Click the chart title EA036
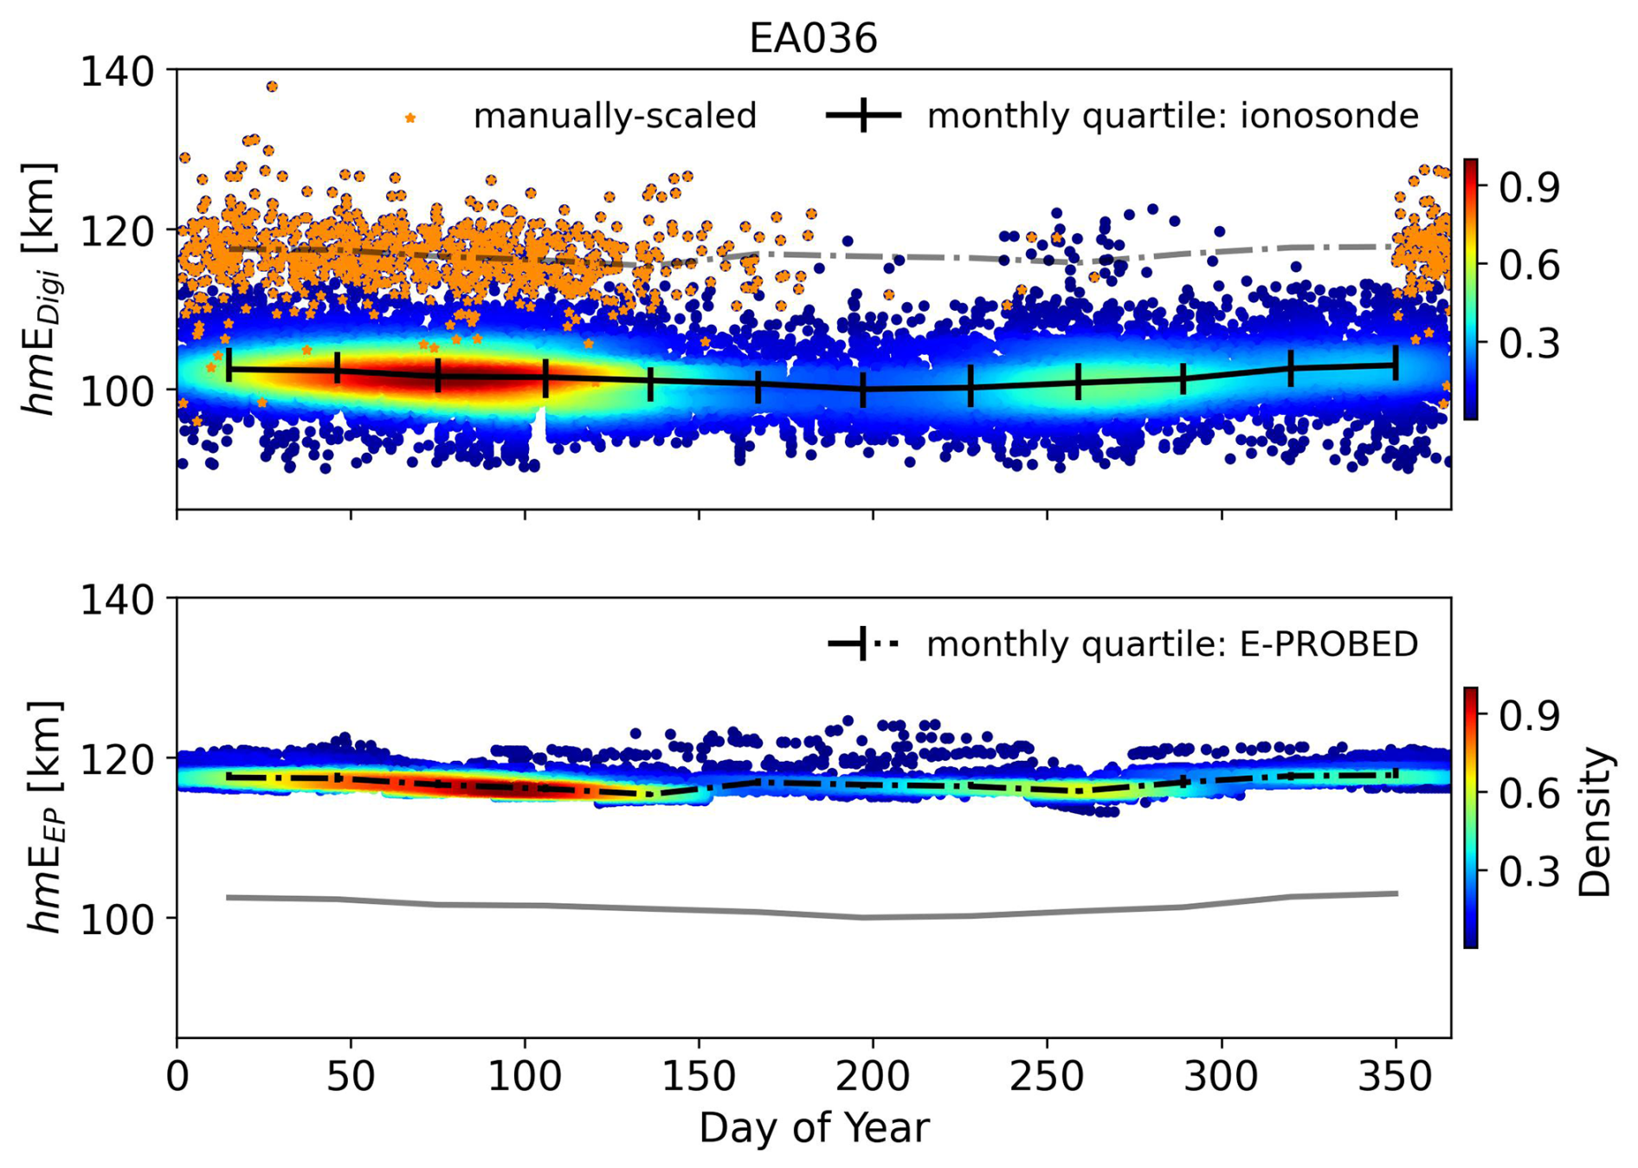pyautogui.click(x=813, y=39)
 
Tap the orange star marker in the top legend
pyautogui.click(x=410, y=118)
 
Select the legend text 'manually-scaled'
pyautogui.click(x=615, y=116)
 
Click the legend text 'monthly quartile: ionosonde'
pyautogui.click(x=1172, y=116)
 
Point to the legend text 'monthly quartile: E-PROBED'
pyautogui.click(x=1172, y=644)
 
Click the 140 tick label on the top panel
pyautogui.click(x=117, y=71)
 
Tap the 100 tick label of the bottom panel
pyautogui.click(x=117, y=919)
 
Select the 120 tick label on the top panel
pyautogui.click(x=117, y=231)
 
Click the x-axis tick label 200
pyautogui.click(x=873, y=1077)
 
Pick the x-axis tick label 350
pyautogui.click(x=1395, y=1077)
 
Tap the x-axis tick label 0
pyautogui.click(x=177, y=1077)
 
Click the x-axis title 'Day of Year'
pyautogui.click(x=814, y=1128)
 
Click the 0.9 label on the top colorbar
pyautogui.click(x=1529, y=187)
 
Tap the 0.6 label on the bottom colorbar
pyautogui.click(x=1529, y=793)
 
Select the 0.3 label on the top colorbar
pyautogui.click(x=1529, y=343)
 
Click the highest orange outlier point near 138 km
pyautogui.click(x=272, y=87)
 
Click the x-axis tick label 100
pyautogui.click(x=525, y=1077)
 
